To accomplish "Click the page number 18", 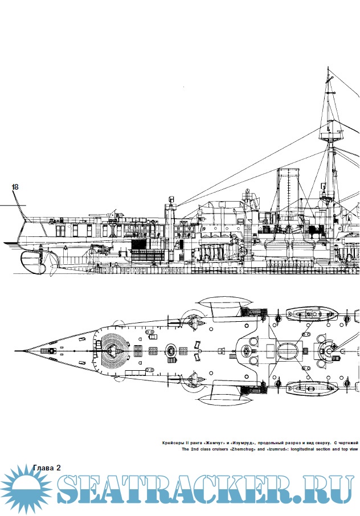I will point(15,187).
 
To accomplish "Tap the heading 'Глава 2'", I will point(46,468).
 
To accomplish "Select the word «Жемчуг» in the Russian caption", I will point(211,442).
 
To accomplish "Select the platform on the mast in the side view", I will point(330,135).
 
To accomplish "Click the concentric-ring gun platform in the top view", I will point(114,350).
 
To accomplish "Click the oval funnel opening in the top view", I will point(288,349).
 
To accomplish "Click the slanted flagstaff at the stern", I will point(19,199).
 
